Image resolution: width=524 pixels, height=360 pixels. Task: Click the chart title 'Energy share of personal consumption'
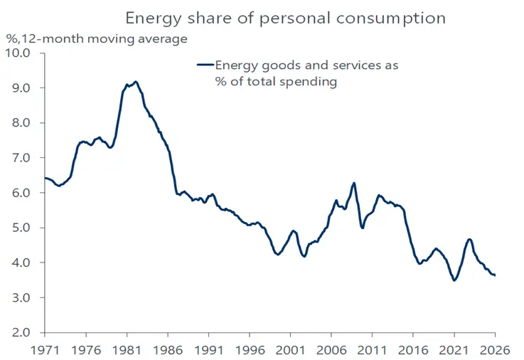[285, 18]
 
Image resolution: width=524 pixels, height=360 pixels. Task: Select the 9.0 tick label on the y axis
[20, 88]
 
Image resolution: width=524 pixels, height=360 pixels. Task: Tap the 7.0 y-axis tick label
[20, 158]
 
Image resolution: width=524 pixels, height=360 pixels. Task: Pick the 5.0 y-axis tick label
[20, 228]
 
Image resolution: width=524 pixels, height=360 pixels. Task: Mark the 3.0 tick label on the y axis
[20, 297]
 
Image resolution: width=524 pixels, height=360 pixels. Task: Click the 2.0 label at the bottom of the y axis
[20, 332]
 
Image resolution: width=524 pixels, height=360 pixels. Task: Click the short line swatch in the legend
[205, 65]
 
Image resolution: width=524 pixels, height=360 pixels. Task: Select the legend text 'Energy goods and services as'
[307, 65]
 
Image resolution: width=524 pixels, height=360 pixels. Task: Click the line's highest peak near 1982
[136, 82]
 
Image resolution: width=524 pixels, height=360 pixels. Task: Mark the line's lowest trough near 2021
[454, 280]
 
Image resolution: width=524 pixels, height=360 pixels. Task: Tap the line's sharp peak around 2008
[353, 184]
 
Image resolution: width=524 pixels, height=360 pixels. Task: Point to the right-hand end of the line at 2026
[495, 275]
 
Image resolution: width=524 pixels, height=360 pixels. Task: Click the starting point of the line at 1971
[45, 178]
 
